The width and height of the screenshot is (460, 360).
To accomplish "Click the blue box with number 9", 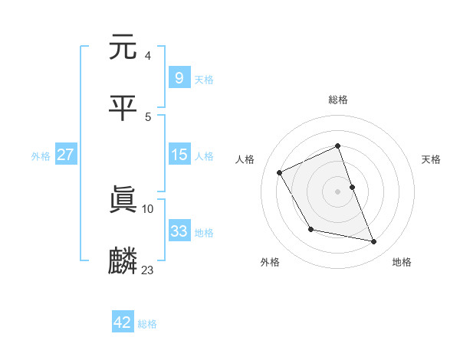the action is click(179, 78).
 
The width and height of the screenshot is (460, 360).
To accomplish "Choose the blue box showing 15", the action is click(179, 155).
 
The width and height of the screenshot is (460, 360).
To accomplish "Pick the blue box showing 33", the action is click(179, 231).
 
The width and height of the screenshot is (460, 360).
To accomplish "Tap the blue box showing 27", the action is click(65, 155).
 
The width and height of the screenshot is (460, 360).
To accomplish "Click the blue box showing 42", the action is click(122, 322).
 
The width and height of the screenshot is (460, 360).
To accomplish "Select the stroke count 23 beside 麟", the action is click(147, 270).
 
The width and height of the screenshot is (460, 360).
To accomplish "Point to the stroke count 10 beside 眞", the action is click(147, 208).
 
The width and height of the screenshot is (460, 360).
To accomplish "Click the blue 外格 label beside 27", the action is click(41, 155).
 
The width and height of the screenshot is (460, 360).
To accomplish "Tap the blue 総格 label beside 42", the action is click(147, 323).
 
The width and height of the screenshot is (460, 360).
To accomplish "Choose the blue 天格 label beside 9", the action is click(204, 79).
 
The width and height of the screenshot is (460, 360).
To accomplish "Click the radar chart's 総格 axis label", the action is click(338, 100).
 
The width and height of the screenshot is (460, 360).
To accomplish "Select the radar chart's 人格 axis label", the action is click(245, 159).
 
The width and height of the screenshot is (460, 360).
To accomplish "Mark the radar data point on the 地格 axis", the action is click(374, 242).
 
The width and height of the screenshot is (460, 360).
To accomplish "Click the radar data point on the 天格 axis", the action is click(352, 186).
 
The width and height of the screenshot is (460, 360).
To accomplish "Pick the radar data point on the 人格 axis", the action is click(280, 172).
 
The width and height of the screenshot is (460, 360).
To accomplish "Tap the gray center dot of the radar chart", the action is click(338, 191).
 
